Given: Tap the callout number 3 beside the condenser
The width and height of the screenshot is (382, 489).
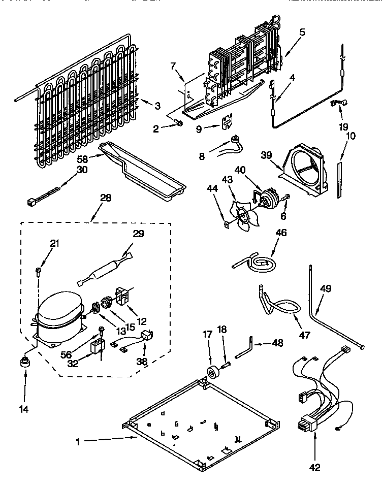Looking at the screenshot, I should (x=157, y=106).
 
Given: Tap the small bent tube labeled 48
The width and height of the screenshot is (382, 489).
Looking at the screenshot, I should (x=243, y=350).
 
